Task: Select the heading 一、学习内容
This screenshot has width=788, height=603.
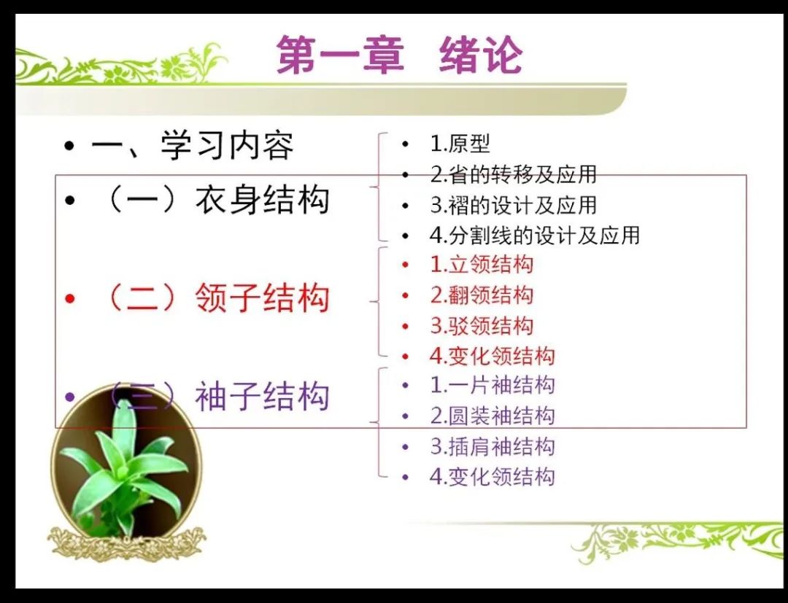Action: click(193, 146)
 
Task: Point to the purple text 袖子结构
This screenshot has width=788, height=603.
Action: click(263, 396)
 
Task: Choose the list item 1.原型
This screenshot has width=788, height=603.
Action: click(460, 144)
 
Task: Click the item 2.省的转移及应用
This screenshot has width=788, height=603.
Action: click(513, 174)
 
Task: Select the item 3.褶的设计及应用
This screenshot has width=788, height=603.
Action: click(513, 205)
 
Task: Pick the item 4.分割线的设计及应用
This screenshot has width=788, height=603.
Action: click(535, 235)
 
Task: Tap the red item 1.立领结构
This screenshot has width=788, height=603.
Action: click(482, 265)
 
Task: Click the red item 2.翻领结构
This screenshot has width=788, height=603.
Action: click(482, 295)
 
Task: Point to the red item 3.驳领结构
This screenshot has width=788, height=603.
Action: click(482, 325)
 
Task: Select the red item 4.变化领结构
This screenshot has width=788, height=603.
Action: click(492, 356)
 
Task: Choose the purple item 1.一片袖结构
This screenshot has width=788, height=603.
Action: click(492, 385)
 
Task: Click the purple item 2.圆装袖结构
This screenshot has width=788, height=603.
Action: click(492, 416)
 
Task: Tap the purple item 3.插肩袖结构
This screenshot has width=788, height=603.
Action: click(492, 446)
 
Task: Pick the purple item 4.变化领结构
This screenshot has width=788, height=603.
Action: click(492, 476)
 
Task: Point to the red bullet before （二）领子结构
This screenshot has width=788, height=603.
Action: click(70, 298)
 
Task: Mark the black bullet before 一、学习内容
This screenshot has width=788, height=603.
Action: click(70, 147)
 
